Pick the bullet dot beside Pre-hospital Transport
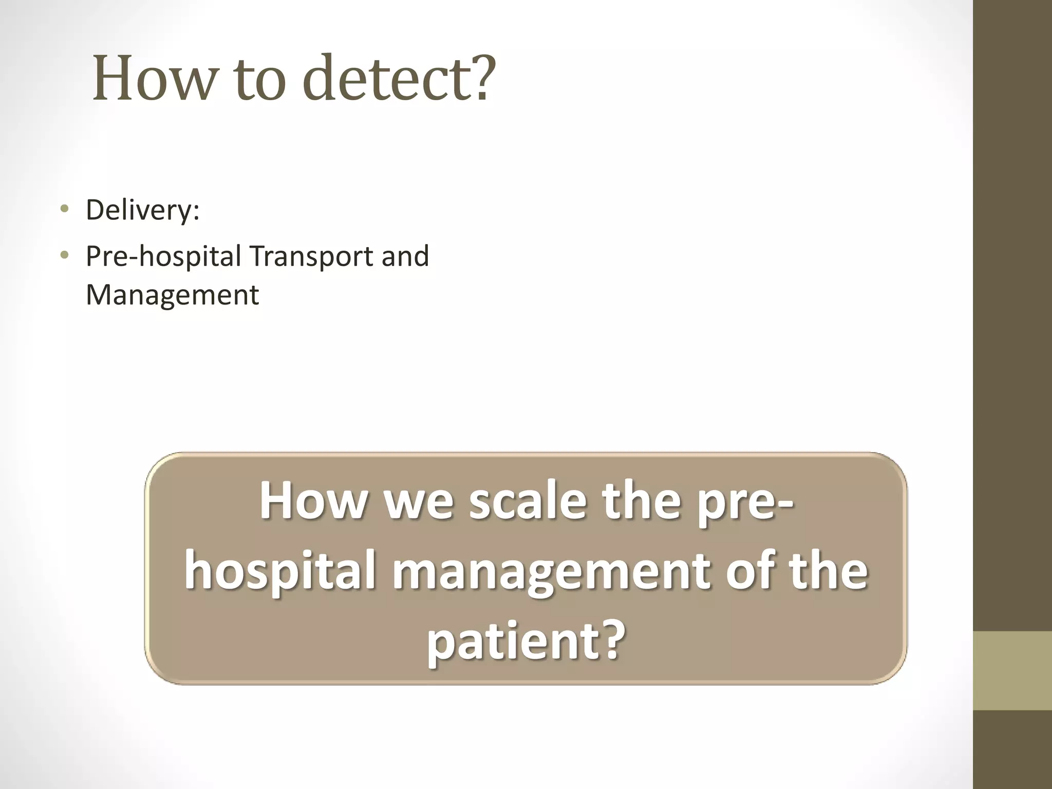coord(64,255)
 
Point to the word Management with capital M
coord(172,295)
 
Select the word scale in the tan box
coord(527,500)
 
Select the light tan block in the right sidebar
coord(1012,670)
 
